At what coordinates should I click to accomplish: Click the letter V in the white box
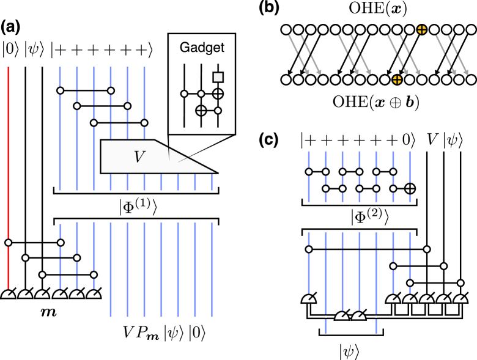pos(139,157)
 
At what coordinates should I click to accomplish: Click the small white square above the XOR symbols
pos(218,77)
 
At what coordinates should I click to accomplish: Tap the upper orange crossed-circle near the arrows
pos(421,29)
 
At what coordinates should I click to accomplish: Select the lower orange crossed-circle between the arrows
pos(397,79)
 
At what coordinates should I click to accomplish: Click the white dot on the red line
pos(8,243)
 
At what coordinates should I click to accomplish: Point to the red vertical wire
pos(8,153)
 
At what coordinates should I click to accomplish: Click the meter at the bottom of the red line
pos(8,295)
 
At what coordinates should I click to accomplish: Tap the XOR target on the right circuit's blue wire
pos(410,188)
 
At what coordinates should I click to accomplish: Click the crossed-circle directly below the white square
pos(218,94)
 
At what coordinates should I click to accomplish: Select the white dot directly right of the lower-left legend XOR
pos(218,111)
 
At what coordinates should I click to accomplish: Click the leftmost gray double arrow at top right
pos(304,55)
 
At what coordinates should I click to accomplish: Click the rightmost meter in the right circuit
pos(460,299)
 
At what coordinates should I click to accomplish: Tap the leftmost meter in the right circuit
pos(309,299)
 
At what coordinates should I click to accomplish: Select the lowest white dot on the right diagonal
pos(460,283)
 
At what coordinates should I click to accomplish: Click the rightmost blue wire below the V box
pos(212,269)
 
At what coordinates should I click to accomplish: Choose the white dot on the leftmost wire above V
pos(60,90)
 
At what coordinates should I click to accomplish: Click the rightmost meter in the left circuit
pos(94,295)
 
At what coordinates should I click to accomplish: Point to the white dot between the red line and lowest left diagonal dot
pos(25,258)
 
